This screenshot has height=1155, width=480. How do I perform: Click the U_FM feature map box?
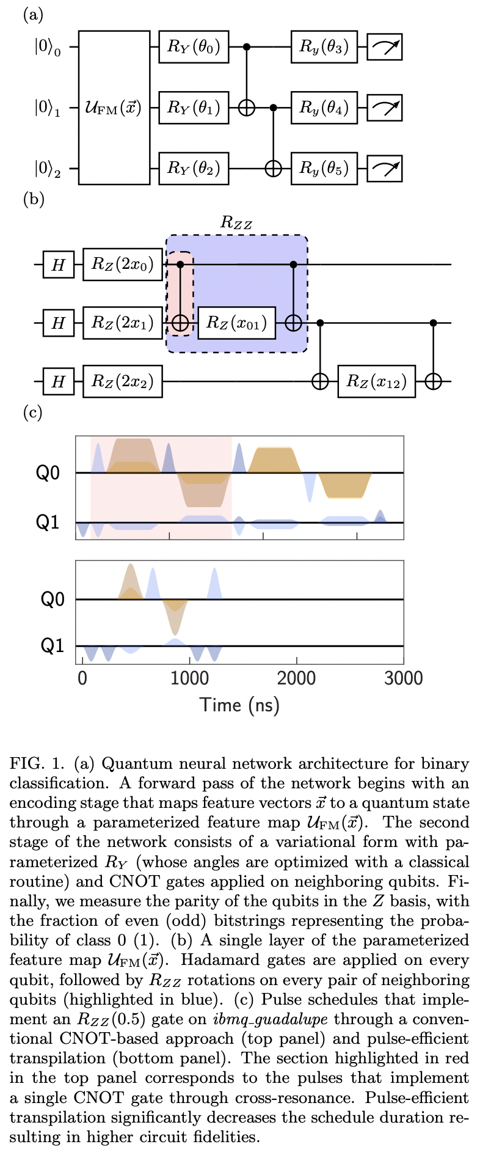[114, 108]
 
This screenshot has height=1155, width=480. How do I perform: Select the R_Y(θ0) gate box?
[193, 47]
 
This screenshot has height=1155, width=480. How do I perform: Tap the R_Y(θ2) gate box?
[193, 168]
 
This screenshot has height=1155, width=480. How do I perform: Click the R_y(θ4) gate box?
[324, 108]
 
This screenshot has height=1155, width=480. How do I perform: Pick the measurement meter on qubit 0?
[384, 47]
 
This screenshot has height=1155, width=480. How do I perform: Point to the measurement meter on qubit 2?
[384, 168]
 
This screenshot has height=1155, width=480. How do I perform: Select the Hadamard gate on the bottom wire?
[58, 381]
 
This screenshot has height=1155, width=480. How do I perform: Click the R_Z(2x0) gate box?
[123, 264]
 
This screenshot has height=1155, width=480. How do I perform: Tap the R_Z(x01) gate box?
[236, 323]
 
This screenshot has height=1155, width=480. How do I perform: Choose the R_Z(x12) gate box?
[376, 381]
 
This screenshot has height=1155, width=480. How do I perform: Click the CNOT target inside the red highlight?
[180, 323]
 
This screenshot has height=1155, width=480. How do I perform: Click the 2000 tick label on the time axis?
[297, 678]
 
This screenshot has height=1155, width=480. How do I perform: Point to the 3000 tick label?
[403, 678]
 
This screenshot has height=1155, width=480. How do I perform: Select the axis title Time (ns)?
[239, 705]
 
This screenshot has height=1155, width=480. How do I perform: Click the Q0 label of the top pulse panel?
[48, 473]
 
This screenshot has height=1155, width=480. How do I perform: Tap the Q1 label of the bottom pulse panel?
[52, 646]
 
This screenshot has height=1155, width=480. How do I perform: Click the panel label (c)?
[32, 413]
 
